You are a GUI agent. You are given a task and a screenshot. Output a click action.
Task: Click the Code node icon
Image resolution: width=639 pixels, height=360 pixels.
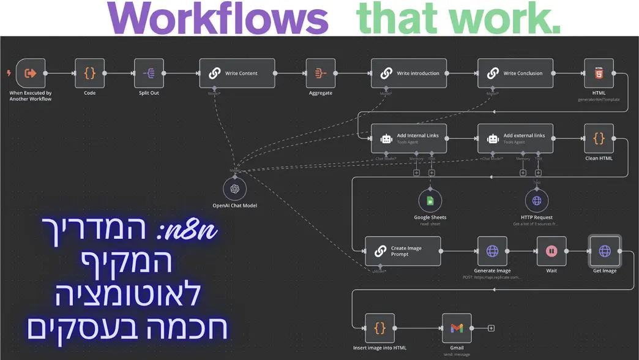(89, 73)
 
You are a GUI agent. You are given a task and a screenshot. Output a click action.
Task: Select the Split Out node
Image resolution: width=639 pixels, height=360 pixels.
(149, 73)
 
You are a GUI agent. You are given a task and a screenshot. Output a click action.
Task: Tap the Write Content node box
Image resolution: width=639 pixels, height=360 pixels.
(237, 73)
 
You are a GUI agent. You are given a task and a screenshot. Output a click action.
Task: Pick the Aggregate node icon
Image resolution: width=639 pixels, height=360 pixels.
(320, 73)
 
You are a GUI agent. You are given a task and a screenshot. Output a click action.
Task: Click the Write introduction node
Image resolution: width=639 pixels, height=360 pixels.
(409, 73)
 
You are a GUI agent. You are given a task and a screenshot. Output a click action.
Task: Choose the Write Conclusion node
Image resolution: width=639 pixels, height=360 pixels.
(515, 73)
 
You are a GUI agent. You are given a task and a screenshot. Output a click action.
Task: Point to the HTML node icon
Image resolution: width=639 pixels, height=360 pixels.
(599, 73)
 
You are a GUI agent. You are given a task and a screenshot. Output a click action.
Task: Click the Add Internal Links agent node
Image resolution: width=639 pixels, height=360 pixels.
(409, 138)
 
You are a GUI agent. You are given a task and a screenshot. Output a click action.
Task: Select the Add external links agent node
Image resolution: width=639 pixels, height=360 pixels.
(515, 138)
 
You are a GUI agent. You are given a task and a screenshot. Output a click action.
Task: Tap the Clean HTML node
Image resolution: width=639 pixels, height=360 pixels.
(599, 138)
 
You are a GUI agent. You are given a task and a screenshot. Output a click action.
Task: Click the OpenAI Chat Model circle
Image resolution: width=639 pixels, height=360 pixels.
(234, 188)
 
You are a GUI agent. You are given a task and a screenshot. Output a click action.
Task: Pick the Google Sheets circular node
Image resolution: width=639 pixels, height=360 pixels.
(430, 201)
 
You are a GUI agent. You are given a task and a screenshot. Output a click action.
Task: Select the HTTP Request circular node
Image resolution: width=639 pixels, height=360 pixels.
(536, 201)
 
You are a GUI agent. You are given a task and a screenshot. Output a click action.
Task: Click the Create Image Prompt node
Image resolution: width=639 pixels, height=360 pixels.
(403, 252)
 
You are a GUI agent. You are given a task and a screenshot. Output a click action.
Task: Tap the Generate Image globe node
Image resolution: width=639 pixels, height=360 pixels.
(492, 251)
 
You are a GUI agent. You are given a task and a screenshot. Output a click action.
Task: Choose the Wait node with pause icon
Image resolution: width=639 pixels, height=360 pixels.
(551, 251)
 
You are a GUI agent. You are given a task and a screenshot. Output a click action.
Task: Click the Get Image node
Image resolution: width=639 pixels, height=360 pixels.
(605, 251)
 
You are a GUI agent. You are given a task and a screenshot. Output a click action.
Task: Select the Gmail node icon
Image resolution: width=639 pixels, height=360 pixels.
(457, 328)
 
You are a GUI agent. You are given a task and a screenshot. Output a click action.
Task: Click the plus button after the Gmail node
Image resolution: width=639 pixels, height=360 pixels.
(491, 328)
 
